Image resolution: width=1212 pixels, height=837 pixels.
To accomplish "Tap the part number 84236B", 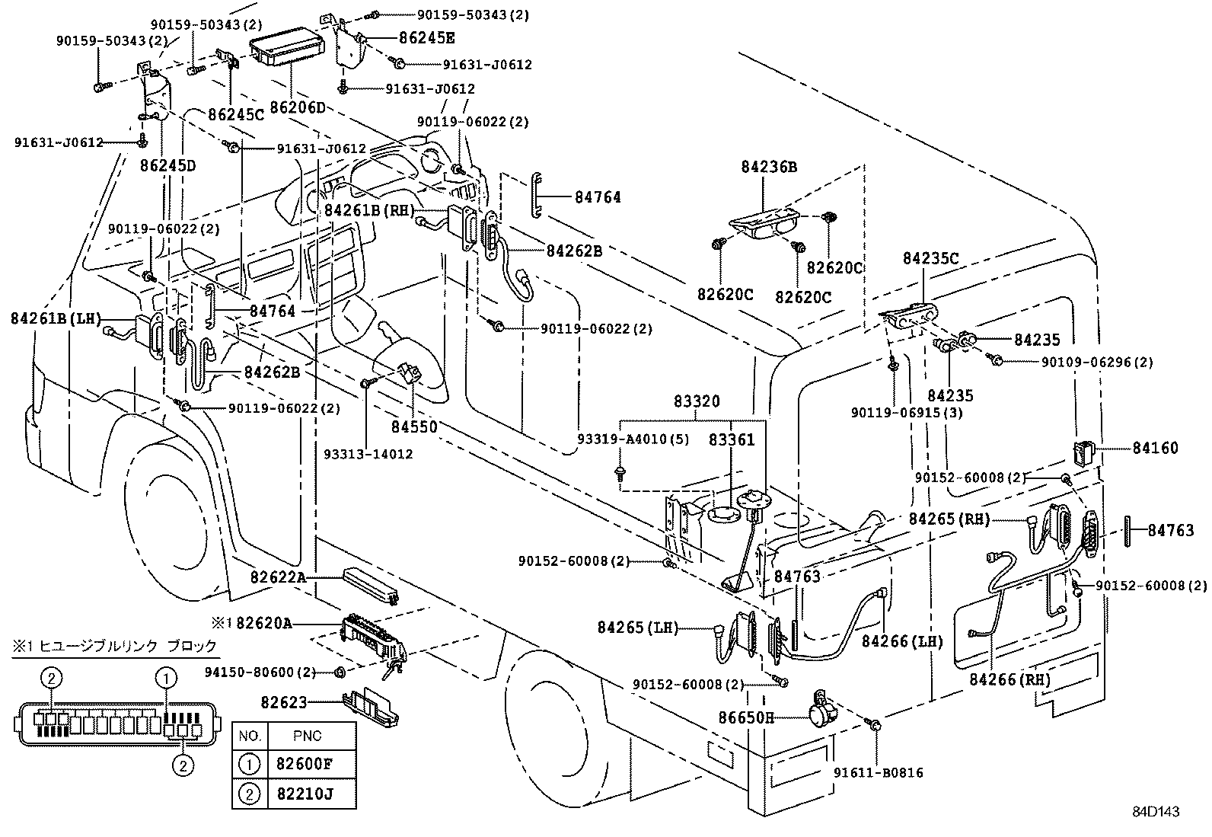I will tap(769, 167).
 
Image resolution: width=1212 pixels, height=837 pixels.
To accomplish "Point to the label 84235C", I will tap(930, 258).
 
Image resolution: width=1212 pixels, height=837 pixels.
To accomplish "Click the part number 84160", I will tap(1154, 448).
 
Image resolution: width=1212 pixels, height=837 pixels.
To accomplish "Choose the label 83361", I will tap(732, 440).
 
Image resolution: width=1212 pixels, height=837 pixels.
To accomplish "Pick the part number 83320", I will tap(696, 401).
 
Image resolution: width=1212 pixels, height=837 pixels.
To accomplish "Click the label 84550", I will tap(415, 426).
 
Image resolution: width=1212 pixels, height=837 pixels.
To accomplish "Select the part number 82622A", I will tap(278, 578).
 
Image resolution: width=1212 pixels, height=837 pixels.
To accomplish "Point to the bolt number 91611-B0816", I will tap(878, 772).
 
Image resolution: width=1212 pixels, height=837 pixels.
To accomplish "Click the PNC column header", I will tap(307, 736).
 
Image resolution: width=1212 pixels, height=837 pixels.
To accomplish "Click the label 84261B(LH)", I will tap(56, 318).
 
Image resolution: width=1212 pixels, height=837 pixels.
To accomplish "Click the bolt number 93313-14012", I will tap(368, 454).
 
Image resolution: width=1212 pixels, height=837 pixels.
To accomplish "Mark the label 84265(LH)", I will tap(637, 627).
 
